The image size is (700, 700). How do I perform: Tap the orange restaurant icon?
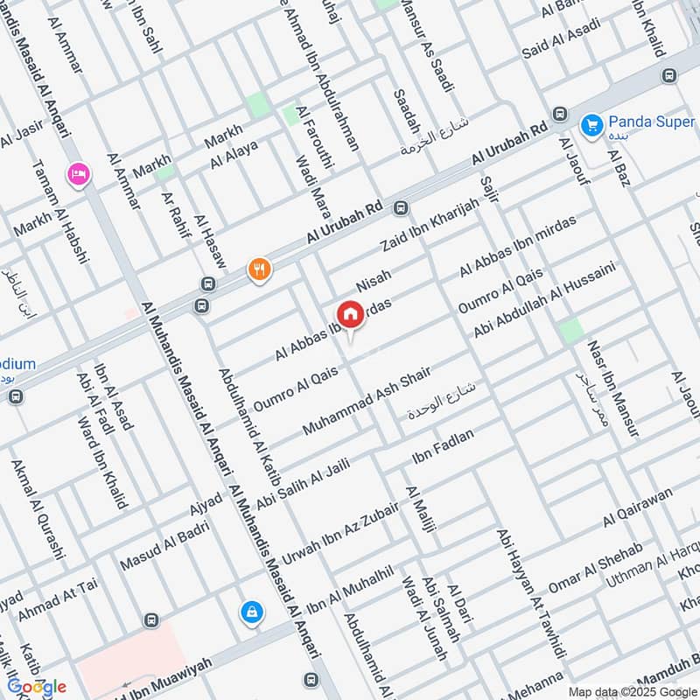(260, 269)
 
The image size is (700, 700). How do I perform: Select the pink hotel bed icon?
(78, 175)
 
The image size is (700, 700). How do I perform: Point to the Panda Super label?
(652, 122)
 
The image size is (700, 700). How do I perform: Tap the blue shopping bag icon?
(251, 612)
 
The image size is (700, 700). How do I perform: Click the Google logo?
(37, 686)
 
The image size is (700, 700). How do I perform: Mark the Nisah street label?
(374, 281)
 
